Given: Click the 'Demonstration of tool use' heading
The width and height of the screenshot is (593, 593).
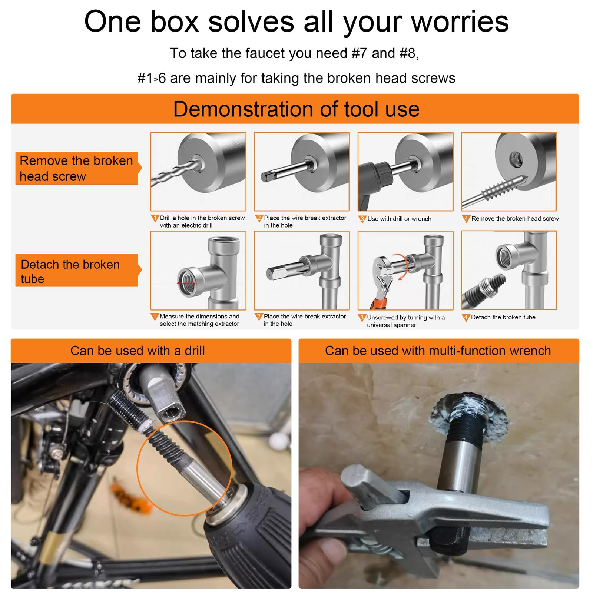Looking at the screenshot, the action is click(x=296, y=109).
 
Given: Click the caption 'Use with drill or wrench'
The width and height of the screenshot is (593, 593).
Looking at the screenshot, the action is click(x=399, y=219).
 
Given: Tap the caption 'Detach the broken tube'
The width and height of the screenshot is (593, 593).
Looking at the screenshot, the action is click(x=503, y=317).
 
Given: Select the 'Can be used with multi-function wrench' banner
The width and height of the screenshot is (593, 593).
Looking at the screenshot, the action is click(x=439, y=351).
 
